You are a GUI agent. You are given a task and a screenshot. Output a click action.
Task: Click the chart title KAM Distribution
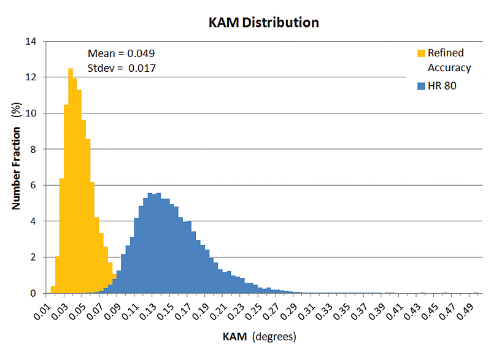click(x=263, y=23)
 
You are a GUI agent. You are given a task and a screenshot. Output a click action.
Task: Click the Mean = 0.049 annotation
click(x=121, y=53)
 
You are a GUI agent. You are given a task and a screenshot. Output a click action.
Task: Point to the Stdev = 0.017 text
click(x=121, y=68)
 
